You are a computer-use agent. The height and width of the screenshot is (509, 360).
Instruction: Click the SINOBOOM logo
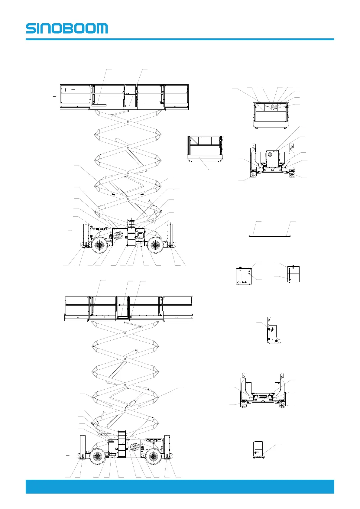click(x=66, y=28)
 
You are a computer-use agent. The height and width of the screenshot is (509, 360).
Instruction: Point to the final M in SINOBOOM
click(x=102, y=28)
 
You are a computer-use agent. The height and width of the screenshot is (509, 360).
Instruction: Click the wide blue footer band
click(x=180, y=486)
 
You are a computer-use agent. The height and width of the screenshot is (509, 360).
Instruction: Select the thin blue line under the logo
click(x=180, y=39)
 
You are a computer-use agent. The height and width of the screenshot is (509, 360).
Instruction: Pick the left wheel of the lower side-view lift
click(x=97, y=456)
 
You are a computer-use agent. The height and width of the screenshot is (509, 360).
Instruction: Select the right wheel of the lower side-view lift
click(x=154, y=456)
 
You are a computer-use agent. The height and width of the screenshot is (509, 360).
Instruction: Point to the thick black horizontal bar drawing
click(x=269, y=236)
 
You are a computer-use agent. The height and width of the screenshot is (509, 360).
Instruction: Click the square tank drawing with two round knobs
click(x=244, y=275)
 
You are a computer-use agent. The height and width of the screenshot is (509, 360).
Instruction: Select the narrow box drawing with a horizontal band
click(x=293, y=274)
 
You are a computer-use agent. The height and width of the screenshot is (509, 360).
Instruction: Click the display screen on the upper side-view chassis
click(x=140, y=234)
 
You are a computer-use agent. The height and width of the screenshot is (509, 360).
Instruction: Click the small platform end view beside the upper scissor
click(x=205, y=148)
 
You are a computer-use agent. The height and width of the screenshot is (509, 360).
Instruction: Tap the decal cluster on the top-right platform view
click(x=274, y=107)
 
